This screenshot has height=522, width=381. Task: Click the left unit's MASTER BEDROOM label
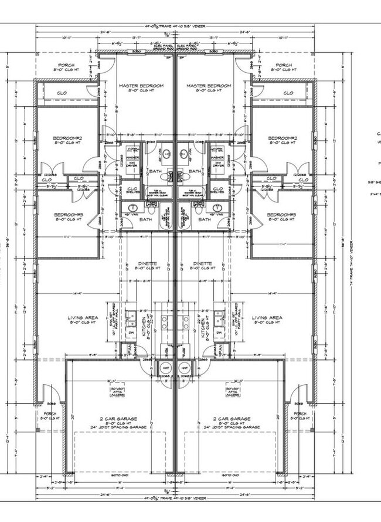point(141,86)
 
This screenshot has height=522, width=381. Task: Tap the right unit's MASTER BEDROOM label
point(209,86)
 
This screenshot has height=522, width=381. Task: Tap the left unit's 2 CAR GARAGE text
point(118,419)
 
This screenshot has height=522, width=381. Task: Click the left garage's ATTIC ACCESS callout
point(118,392)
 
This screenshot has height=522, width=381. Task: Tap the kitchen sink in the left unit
point(132,318)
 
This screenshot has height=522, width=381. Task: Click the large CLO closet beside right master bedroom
point(288,93)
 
